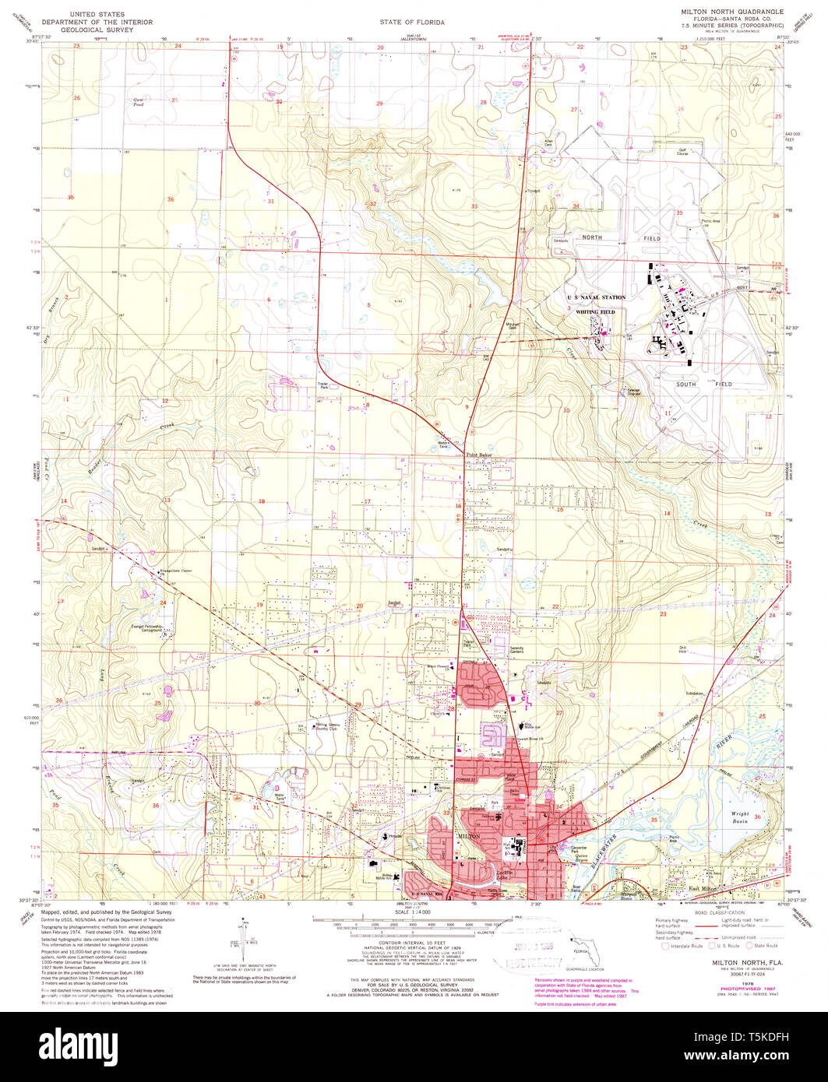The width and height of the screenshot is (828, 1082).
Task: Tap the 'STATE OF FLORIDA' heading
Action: point(412,23)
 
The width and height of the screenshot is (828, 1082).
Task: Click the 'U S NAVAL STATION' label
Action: point(596,297)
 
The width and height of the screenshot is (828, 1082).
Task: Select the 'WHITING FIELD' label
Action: point(596,311)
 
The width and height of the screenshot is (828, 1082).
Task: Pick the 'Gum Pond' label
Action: point(140,101)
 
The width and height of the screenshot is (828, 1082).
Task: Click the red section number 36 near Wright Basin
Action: point(756,816)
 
